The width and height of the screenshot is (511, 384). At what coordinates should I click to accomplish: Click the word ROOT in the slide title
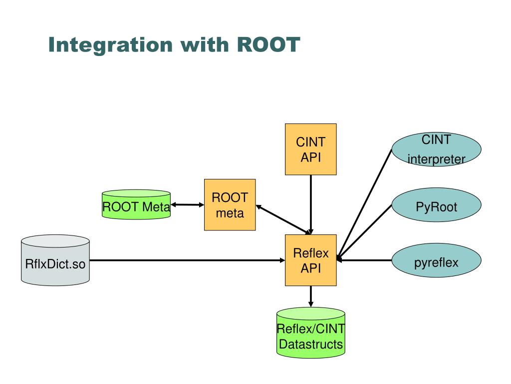[268, 44]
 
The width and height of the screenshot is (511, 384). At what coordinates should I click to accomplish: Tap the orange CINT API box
[310, 149]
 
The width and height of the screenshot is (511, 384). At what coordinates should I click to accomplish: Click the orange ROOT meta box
[230, 204]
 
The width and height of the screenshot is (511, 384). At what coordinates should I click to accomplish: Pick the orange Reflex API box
[310, 260]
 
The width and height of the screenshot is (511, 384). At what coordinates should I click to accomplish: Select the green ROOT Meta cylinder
[136, 204]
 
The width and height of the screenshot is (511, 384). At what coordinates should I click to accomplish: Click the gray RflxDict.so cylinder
[55, 260]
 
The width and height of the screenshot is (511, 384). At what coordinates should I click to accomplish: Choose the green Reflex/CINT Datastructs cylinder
[310, 333]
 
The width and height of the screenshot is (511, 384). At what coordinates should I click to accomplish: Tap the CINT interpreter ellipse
[436, 149]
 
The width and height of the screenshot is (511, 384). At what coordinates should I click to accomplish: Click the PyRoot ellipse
[436, 204]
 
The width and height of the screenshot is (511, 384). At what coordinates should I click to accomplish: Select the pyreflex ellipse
[436, 260]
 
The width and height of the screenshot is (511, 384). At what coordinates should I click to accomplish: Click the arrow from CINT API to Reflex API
[310, 204]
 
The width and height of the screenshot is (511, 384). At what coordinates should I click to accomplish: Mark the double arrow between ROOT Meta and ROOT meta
[188, 204]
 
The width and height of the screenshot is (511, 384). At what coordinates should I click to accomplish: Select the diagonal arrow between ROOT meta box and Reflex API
[283, 219]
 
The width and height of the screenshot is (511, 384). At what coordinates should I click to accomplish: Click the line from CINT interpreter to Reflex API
[364, 204]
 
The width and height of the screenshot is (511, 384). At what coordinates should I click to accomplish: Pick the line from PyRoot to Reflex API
[364, 232]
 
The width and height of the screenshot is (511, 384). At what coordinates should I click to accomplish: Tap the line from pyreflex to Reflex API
[364, 260]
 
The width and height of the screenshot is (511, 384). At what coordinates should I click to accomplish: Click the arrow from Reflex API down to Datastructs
[310, 296]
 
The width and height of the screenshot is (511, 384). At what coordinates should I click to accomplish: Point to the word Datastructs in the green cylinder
[311, 344]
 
